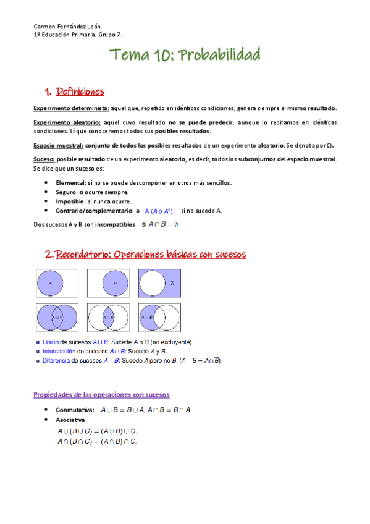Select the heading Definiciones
click(80, 92)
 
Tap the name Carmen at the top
click(45, 28)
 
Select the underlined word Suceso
click(44, 159)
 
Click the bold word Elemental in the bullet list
click(70, 183)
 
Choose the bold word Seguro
click(66, 192)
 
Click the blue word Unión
click(51, 342)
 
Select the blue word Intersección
click(59, 351)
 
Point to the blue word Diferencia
click(56, 360)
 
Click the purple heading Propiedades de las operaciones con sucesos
click(101, 394)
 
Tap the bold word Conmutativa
click(75, 410)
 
